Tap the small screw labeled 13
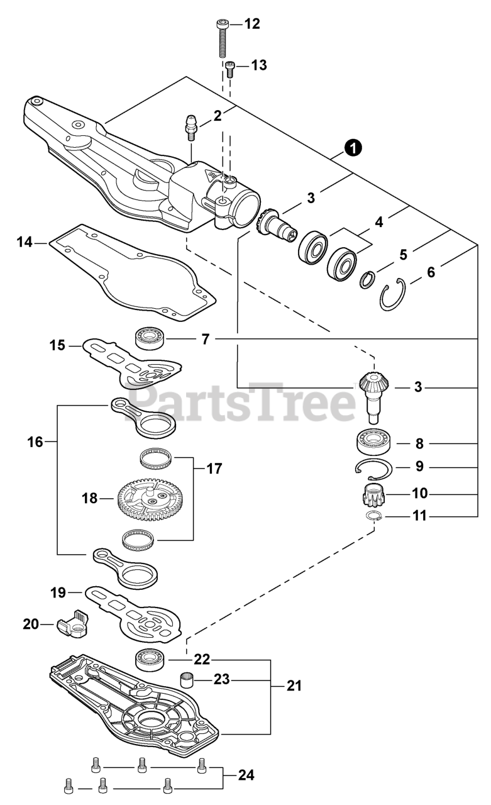(230, 68)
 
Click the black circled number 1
(353, 148)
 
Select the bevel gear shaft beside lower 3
(374, 394)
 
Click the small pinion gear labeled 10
(375, 493)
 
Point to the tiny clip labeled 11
(375, 516)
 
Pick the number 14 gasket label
(24, 241)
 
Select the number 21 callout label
(294, 685)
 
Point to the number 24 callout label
(246, 775)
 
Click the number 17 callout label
(214, 469)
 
